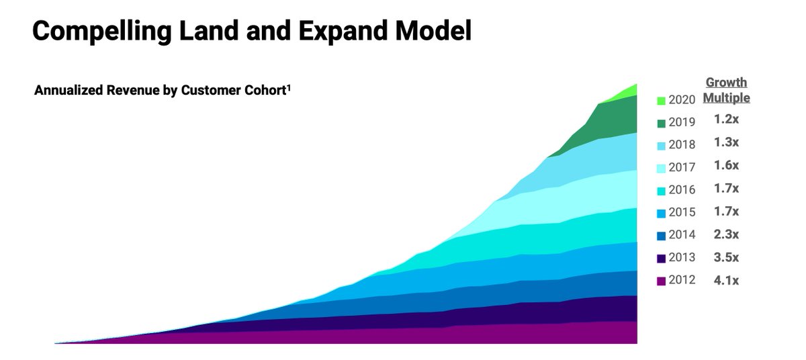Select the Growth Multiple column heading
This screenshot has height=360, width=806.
[x=726, y=90]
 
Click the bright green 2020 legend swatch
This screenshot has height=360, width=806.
[x=661, y=101]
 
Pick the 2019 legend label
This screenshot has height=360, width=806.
[x=682, y=122]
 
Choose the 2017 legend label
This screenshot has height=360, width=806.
[x=682, y=167]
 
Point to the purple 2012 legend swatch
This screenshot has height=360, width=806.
[x=661, y=281]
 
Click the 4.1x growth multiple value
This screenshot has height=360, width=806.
[x=726, y=280]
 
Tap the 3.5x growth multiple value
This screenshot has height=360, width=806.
[x=726, y=257]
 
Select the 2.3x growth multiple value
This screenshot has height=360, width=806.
[x=726, y=234]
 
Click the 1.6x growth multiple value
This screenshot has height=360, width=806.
[x=726, y=166]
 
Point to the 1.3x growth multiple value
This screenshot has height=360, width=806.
[x=726, y=142]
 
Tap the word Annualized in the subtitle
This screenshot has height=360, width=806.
[x=67, y=91]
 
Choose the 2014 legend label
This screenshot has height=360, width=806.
[x=682, y=235]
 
